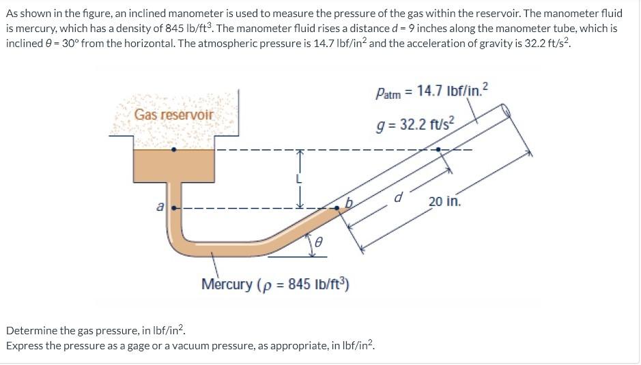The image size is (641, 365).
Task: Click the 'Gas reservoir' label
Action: [x=173, y=115]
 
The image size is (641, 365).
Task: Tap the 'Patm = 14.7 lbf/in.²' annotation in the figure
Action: [x=431, y=91]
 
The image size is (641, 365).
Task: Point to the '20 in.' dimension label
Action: [x=445, y=201]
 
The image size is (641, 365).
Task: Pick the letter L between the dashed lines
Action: [x=298, y=179]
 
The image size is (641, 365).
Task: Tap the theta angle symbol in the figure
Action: [x=318, y=242]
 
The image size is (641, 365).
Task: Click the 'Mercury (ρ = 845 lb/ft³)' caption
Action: [x=275, y=284]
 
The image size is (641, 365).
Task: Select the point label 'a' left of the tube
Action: [x=160, y=205]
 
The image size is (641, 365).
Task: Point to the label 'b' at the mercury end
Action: [x=350, y=202]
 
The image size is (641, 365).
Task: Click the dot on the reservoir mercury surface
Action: [x=175, y=149]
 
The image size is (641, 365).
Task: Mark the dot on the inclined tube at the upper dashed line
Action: [x=438, y=149]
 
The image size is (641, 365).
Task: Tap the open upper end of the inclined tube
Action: [x=507, y=111]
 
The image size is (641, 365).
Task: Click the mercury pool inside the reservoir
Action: [x=175, y=166]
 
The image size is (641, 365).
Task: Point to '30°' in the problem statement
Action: [x=60, y=43]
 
